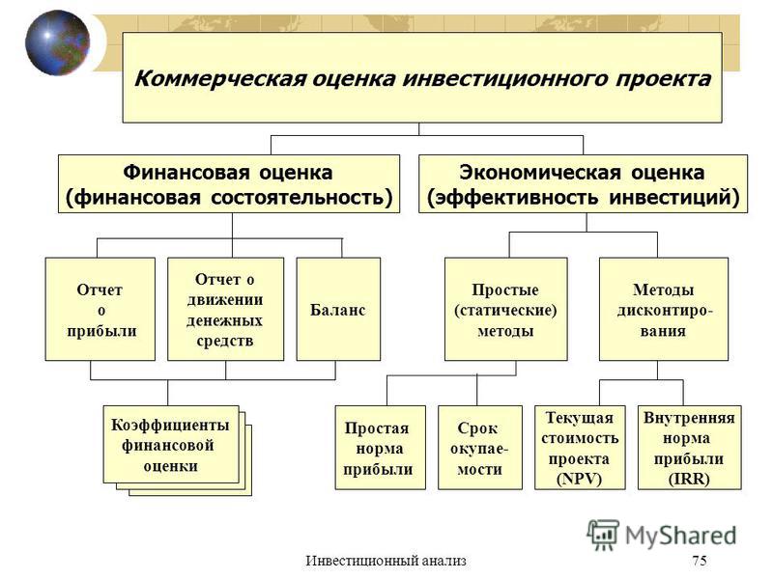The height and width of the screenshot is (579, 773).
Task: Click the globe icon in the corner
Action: pos(58,42)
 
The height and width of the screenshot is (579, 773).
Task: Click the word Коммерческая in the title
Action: pos(220,79)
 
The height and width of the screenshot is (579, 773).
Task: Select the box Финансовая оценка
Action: pos(229,184)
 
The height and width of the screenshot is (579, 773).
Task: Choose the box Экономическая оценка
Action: pos(583,184)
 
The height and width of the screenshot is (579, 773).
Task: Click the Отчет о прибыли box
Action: pos(100,309)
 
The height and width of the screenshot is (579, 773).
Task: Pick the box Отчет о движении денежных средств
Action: pos(225,309)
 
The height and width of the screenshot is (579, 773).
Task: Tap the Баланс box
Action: pos(338,309)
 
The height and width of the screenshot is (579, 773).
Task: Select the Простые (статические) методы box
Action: pos(505,309)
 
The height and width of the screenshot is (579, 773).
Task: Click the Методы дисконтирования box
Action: pos(664,309)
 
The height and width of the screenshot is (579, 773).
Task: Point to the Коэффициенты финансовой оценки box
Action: pos(171,445)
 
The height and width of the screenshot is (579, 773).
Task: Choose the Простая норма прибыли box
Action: pos(380,448)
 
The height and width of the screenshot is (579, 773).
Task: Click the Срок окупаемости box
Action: pos(479,448)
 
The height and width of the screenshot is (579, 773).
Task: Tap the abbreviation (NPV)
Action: pos(579,479)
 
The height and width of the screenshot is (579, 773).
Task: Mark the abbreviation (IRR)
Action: pos(689,479)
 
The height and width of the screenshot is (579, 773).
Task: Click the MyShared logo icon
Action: pos(602,535)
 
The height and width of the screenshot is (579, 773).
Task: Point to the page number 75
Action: pos(700,561)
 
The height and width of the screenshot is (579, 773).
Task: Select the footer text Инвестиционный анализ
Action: pos(386,561)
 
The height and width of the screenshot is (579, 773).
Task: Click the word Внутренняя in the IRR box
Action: pos(689,418)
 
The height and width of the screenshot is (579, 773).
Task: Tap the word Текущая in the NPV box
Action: pos(579,418)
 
